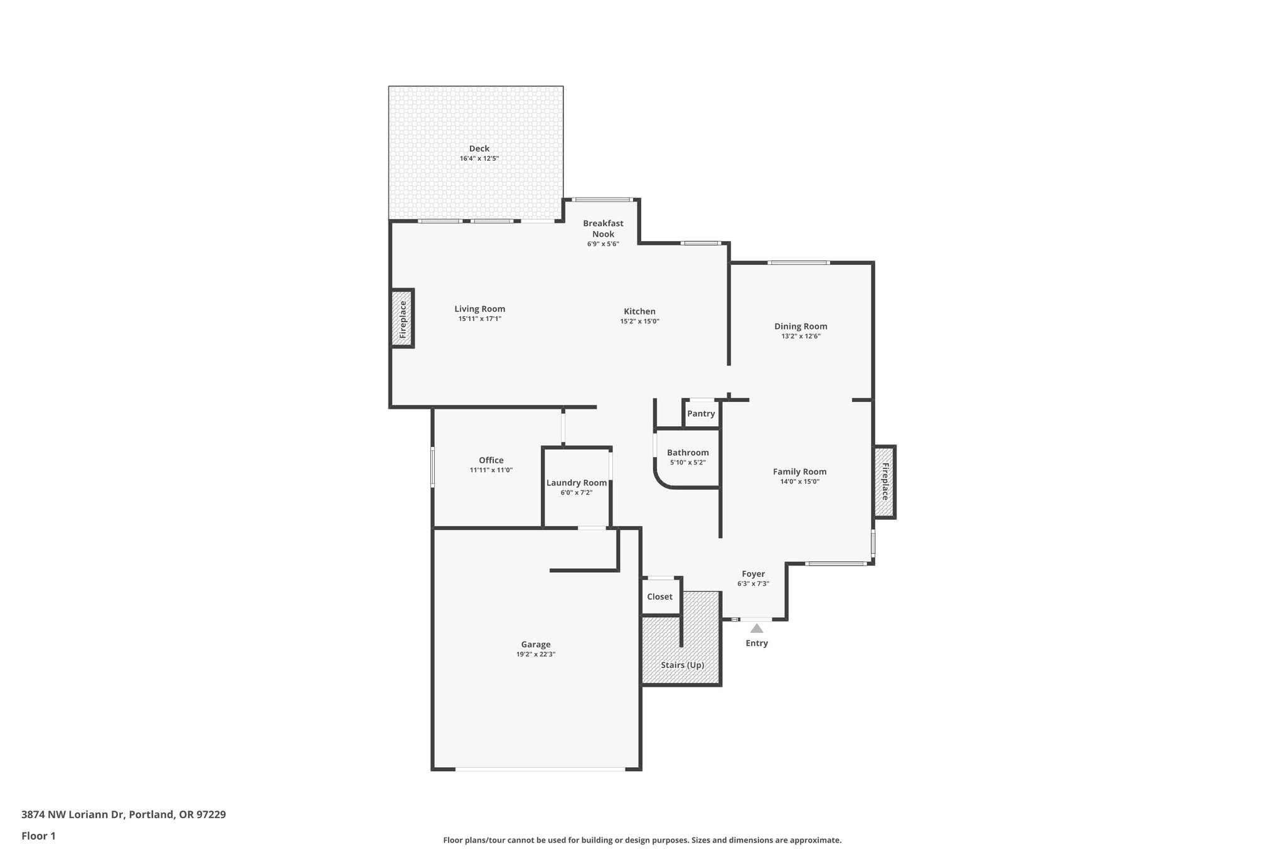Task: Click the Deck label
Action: tap(479, 149)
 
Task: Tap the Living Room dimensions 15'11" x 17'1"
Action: tap(479, 319)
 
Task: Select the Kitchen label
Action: tap(639, 311)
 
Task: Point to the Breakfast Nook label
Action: tap(603, 229)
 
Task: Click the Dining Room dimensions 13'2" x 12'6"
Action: tap(800, 337)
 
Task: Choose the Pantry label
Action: tap(701, 414)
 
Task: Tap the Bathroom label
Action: tap(688, 453)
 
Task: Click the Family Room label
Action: tap(799, 472)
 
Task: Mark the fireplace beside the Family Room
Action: tap(885, 482)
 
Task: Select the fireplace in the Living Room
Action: tap(403, 318)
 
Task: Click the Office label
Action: tap(491, 460)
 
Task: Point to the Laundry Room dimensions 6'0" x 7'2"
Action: tap(576, 493)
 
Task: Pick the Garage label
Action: tap(536, 644)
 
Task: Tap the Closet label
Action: tap(659, 597)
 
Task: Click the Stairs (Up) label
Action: tap(682, 665)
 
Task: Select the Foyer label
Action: tap(753, 574)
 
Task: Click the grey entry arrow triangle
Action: tap(757, 628)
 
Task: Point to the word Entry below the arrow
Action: tap(756, 643)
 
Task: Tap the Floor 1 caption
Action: tap(38, 836)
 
